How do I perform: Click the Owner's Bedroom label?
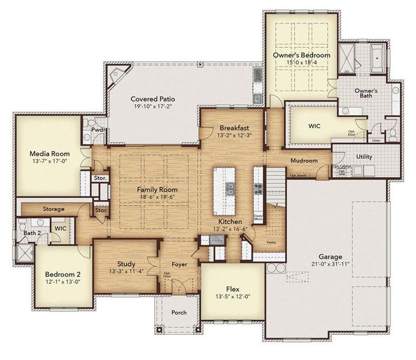301,55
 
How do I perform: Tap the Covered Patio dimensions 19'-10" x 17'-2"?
152,107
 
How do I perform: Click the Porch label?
178,313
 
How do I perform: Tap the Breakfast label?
234,128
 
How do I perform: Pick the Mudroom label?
304,161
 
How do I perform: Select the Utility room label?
364,157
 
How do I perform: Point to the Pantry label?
271,242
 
